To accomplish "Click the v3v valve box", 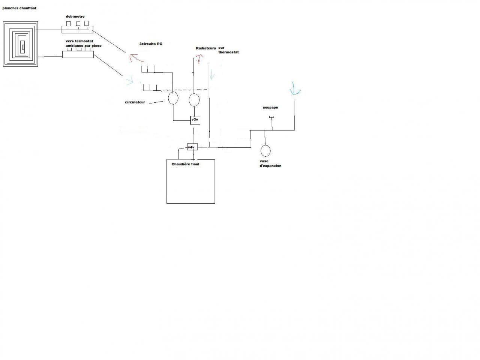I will point(195,120).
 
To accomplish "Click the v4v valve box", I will point(192,147).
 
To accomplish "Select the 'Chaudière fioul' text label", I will point(185,164).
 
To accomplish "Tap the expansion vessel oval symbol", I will point(265,150).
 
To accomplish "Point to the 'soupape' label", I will point(270,108).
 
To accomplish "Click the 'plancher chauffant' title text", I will point(19,8).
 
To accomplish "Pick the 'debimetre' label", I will point(75,16).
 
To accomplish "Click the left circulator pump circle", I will point(173,98).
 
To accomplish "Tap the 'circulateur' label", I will point(135,102).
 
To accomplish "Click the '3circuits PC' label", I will point(151,44).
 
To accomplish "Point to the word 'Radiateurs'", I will point(206,48).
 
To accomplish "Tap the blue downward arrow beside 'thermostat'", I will point(212,74).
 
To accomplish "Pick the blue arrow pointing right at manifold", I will point(129,81).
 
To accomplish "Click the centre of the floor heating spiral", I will point(23,47).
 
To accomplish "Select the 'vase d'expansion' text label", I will point(270,163).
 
